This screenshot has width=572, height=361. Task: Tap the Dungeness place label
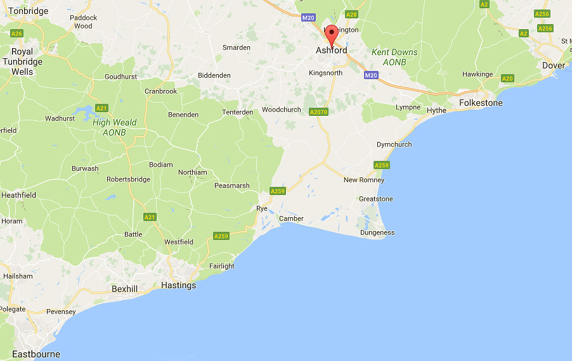[x=377, y=232]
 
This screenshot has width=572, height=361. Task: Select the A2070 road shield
[x=318, y=111]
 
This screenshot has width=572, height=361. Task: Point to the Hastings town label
[x=179, y=285]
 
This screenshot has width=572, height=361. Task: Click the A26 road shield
[x=17, y=33]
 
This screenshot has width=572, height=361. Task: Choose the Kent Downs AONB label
[x=394, y=57]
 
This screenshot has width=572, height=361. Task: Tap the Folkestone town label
[x=481, y=103]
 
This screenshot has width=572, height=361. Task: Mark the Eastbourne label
[x=36, y=354]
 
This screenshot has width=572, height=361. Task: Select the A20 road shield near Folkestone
[x=507, y=79]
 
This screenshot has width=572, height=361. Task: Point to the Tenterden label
[x=237, y=112]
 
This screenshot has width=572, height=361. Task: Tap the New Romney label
[x=363, y=180]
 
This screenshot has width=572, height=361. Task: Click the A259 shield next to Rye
[x=277, y=191]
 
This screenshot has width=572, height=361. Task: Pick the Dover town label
[x=553, y=65]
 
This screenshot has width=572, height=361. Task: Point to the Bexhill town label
[x=124, y=289]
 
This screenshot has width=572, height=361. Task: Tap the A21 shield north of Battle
[x=150, y=217]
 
